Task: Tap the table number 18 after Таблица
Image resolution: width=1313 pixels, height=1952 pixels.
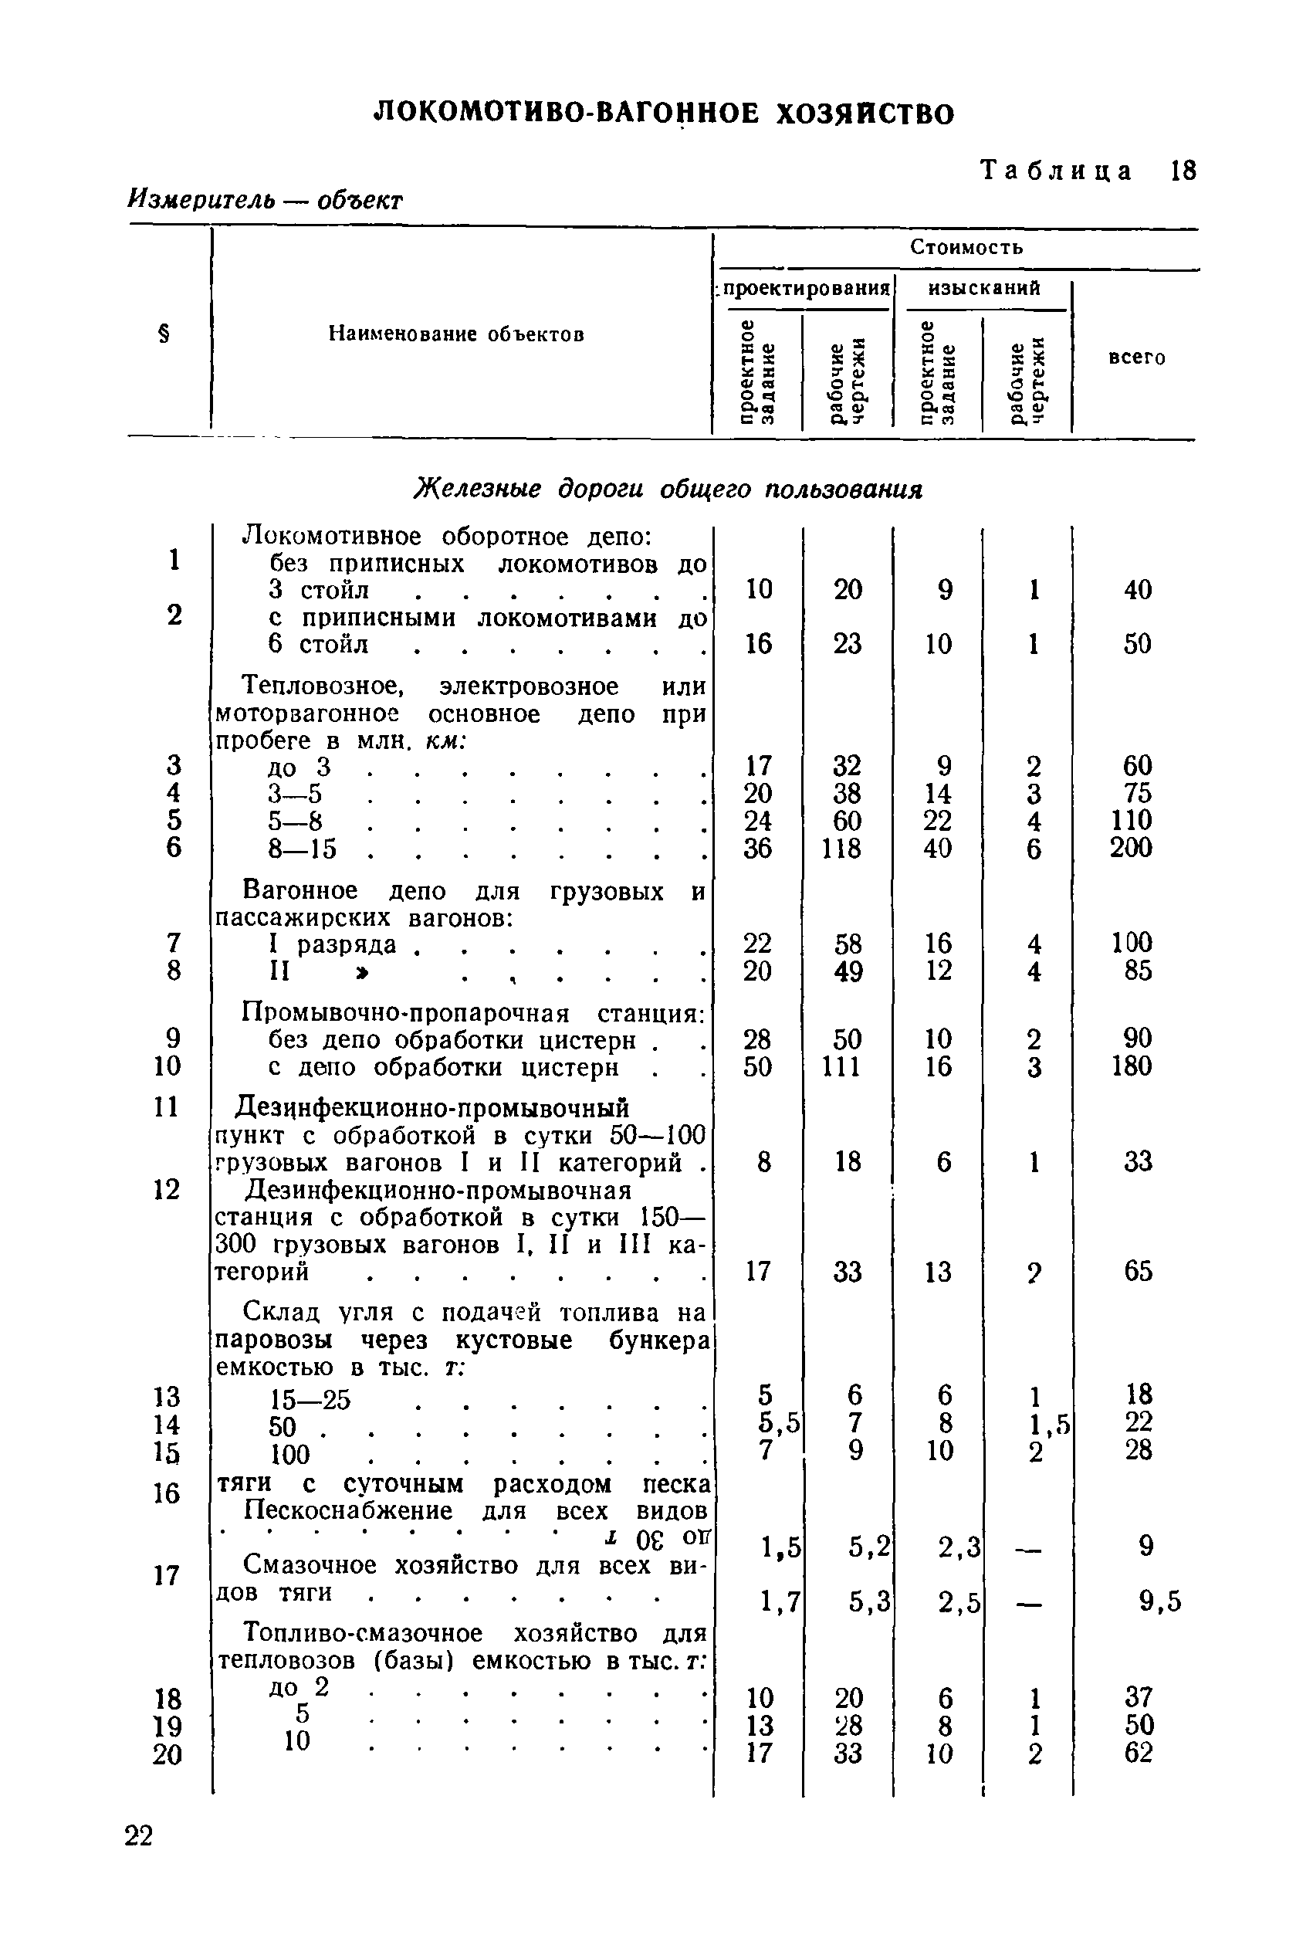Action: coord(1183,171)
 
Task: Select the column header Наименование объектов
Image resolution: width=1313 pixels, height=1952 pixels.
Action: coord(455,334)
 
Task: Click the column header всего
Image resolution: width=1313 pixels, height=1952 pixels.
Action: coord(1136,358)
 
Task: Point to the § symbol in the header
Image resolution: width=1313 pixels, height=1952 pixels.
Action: coord(164,335)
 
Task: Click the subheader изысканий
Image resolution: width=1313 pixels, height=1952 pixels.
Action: coord(984,289)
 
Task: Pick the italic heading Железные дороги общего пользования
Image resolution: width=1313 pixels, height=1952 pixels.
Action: coord(668,489)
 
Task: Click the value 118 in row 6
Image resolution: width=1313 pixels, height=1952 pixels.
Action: coord(841,849)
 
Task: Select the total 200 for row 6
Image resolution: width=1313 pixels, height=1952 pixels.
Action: coord(1132,849)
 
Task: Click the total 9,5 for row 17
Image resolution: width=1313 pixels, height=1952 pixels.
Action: coord(1159,1602)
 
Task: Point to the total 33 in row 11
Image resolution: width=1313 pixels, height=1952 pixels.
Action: coord(1138,1161)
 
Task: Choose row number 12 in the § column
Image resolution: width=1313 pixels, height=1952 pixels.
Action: coord(167,1189)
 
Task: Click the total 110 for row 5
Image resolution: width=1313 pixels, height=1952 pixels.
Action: coord(1132,820)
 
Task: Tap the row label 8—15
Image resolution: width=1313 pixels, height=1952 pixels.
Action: coord(303,849)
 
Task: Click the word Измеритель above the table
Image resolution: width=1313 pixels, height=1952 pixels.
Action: coord(201,199)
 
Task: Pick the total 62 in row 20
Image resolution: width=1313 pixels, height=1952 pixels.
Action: coord(1138,1753)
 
